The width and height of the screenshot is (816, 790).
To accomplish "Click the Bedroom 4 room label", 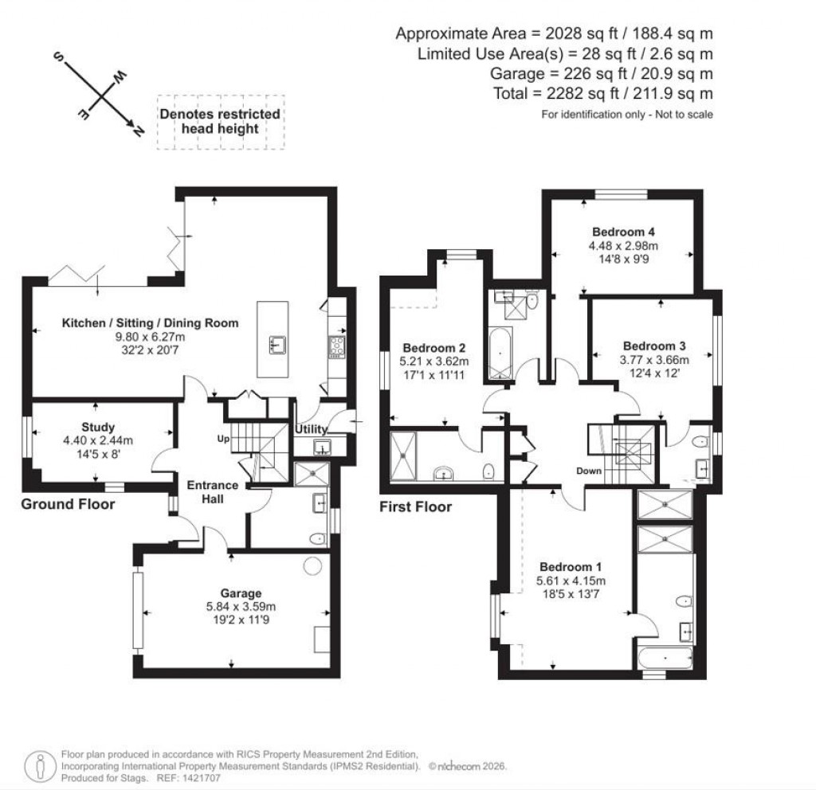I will point(618,233).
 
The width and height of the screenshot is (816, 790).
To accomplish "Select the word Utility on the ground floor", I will point(312,430).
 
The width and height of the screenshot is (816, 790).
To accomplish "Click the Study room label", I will point(98,427).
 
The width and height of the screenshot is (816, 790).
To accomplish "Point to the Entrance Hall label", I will point(212,491).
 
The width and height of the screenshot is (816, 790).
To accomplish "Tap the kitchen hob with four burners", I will point(335,346).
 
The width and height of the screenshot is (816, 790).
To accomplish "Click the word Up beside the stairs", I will point(224,439).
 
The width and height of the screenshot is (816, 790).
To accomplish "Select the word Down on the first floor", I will point(589,471).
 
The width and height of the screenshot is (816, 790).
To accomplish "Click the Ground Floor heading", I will point(68,504).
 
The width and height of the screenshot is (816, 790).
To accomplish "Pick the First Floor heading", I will point(415,507).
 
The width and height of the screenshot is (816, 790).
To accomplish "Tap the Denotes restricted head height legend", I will point(220,121).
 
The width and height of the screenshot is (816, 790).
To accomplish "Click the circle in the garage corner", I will point(313,565).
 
